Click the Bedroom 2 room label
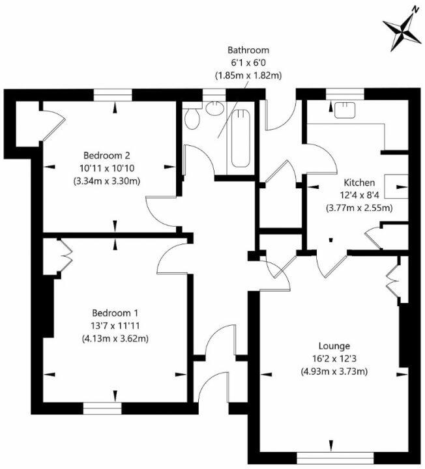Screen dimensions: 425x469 pyautogui.click(x=107, y=156)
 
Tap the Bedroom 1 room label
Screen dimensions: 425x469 pyautogui.click(x=115, y=313)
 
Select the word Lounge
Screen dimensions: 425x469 pyautogui.click(x=334, y=346)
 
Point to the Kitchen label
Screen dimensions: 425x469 pyautogui.click(x=359, y=182)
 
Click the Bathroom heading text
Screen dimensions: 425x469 pyautogui.click(x=248, y=50)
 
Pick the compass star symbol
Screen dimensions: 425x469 pyautogui.click(x=402, y=31)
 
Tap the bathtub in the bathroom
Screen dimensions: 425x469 pyautogui.click(x=241, y=138)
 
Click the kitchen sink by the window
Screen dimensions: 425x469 pyautogui.click(x=345, y=110)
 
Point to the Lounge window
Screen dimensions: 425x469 pyautogui.click(x=335, y=458)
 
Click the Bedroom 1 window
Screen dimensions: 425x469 pyautogui.click(x=102, y=408)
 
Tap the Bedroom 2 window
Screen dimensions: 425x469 pyautogui.click(x=113, y=95)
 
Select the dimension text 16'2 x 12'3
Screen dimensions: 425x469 pyautogui.click(x=334, y=359)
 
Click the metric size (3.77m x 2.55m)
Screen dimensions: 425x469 pyautogui.click(x=359, y=208)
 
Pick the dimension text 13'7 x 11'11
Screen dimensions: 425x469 pyautogui.click(x=115, y=326)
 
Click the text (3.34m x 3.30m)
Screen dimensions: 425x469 pyautogui.click(x=107, y=181)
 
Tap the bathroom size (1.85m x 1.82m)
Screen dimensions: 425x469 pyautogui.click(x=248, y=76)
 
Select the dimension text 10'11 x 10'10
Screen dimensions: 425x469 pyautogui.click(x=107, y=169)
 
